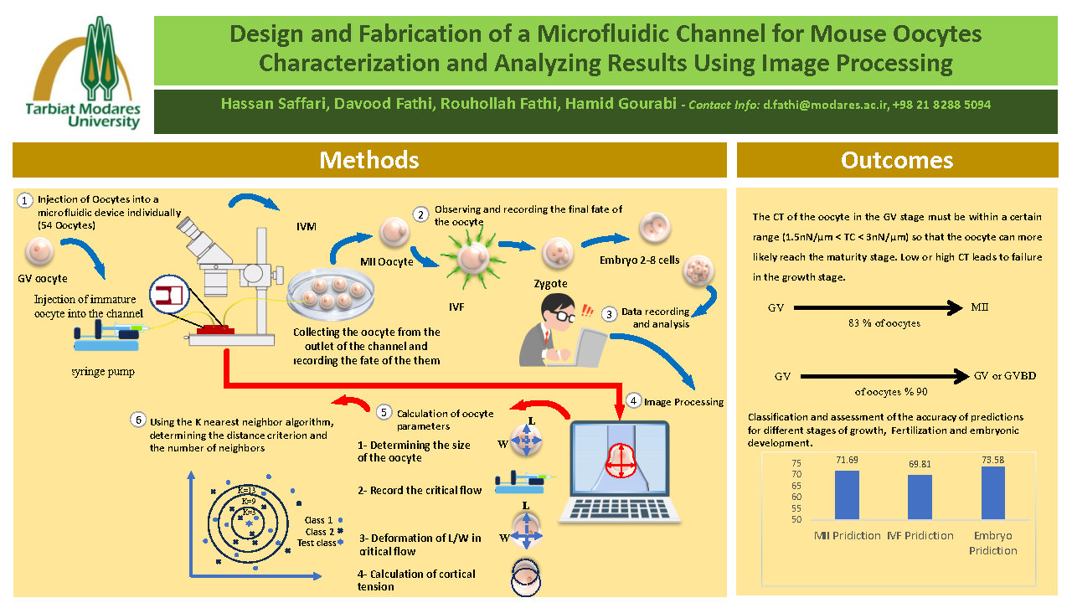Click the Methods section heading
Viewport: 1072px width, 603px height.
(x=369, y=160)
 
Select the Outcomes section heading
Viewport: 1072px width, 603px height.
(x=897, y=160)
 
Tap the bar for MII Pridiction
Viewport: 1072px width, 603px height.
(x=848, y=494)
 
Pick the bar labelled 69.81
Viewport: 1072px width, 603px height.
(x=920, y=497)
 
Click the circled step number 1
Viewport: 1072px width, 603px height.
(x=25, y=200)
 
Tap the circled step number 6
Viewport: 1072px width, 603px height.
(x=137, y=420)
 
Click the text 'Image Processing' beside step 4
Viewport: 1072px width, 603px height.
(x=683, y=402)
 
